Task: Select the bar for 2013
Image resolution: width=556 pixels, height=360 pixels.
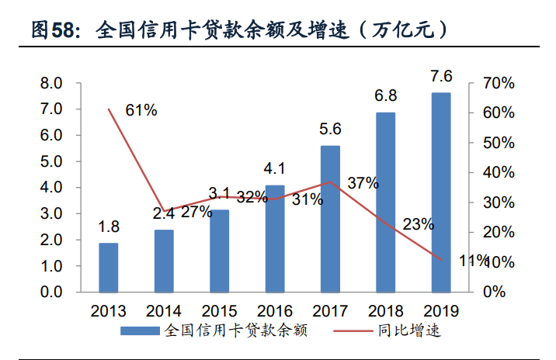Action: [x=109, y=267]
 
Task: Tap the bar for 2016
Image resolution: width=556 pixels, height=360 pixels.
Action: [x=275, y=238]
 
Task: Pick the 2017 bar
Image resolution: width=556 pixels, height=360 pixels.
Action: [x=330, y=218]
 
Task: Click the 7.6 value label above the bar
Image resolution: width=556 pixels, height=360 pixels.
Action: [x=441, y=76]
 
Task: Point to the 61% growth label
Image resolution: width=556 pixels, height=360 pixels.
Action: [x=141, y=110]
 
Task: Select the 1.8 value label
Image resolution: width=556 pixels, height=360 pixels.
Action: [x=109, y=227]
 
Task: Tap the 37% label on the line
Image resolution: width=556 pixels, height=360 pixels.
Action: [x=363, y=184]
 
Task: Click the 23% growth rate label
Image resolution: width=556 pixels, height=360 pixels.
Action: [x=419, y=225]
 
